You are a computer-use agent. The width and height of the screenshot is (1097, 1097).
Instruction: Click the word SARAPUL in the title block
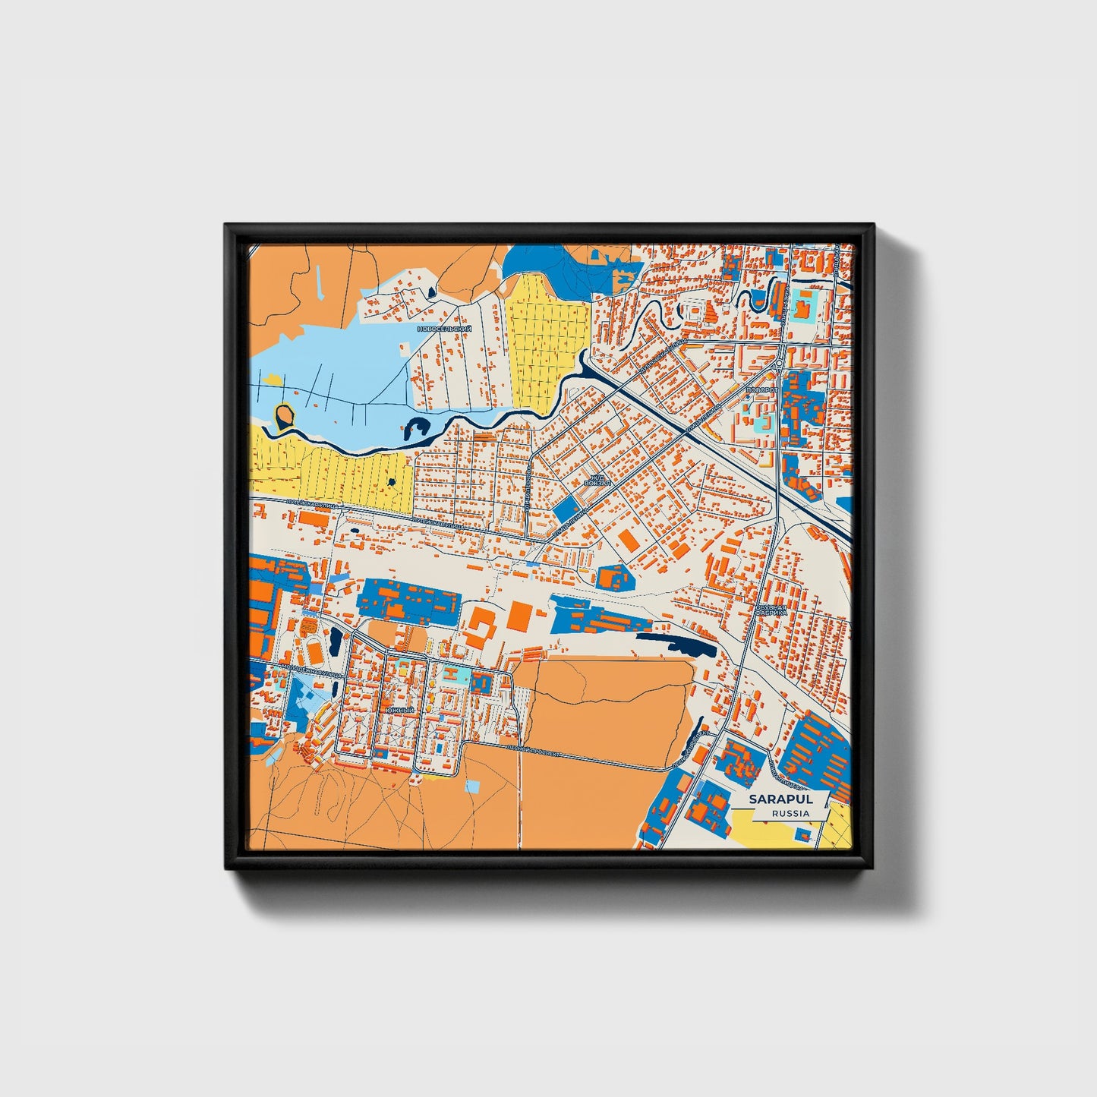pyautogui.click(x=780, y=799)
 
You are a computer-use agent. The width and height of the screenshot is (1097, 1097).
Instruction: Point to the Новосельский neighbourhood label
pyautogui.click(x=444, y=329)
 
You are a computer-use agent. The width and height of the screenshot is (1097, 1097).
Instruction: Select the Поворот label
pyautogui.click(x=761, y=389)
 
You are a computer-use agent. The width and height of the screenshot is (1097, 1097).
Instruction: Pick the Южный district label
pyautogui.click(x=400, y=710)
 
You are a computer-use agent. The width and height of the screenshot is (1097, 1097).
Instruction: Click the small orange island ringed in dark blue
pyautogui.click(x=284, y=415)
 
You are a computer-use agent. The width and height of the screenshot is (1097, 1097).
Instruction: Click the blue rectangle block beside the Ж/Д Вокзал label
pyautogui.click(x=565, y=509)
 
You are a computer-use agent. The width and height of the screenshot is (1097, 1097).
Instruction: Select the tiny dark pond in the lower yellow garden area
pyautogui.click(x=391, y=481)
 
